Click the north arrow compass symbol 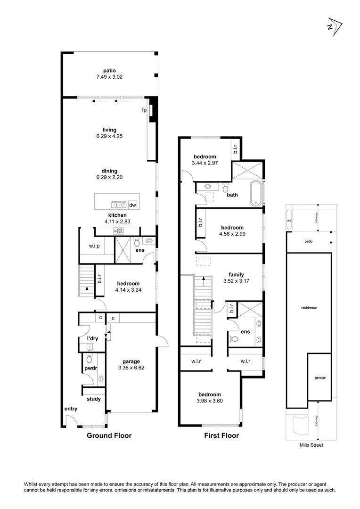pos(334,26)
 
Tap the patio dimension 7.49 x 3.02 pos(110,77)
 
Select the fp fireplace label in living pos(145,110)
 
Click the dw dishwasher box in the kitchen pos(132,205)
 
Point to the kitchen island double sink pos(116,205)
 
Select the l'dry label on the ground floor pos(92,338)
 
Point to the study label pos(94,399)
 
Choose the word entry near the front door pos(71,409)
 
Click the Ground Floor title pos(109,435)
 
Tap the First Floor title pos(221,435)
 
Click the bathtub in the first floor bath pos(257,193)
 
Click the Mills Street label pos(311,444)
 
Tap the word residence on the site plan pos(309,308)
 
